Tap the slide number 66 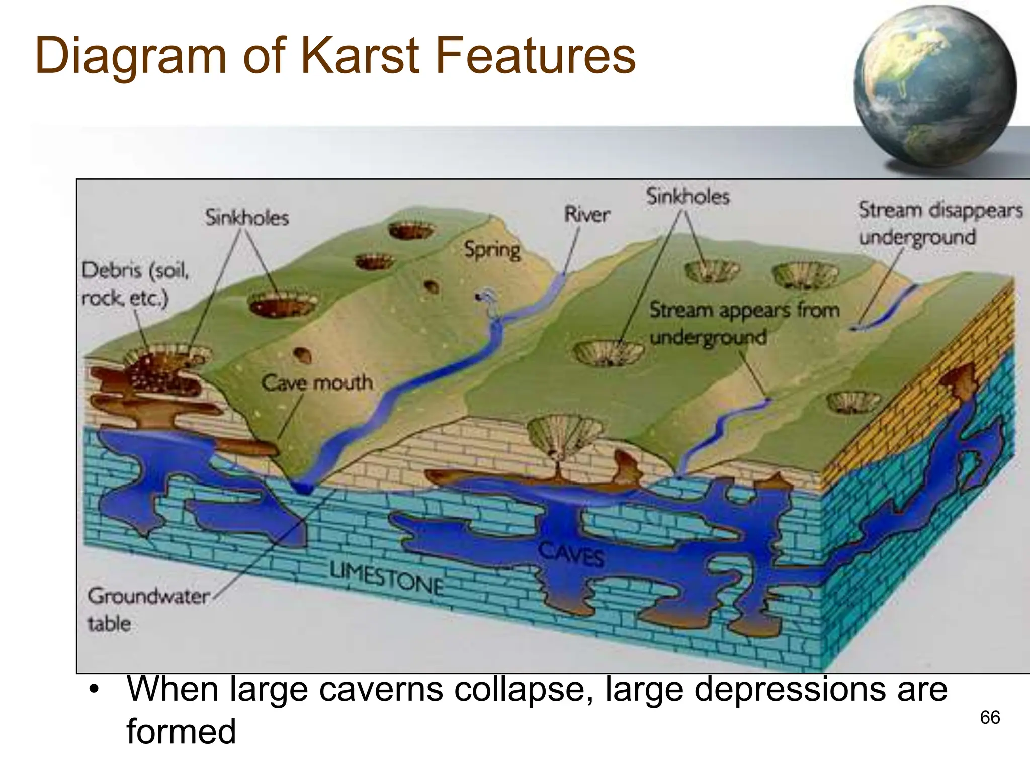click(x=990, y=717)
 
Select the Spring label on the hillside click(x=492, y=250)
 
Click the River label click(x=586, y=215)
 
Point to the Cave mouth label click(x=317, y=383)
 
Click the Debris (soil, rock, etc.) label click(x=135, y=284)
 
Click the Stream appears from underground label click(x=744, y=323)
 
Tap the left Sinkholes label click(x=247, y=218)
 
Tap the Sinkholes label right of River click(x=688, y=196)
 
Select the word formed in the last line click(x=181, y=731)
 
